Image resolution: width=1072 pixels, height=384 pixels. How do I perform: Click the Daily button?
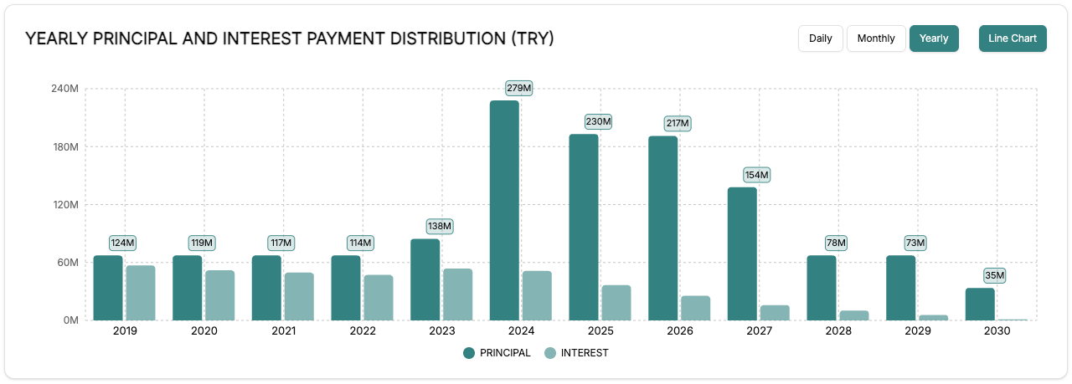(821, 38)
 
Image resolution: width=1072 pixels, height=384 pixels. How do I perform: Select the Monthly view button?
(876, 38)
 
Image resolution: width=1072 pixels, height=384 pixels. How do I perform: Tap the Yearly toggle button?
(934, 38)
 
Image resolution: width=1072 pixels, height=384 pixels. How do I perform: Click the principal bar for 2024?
(504, 210)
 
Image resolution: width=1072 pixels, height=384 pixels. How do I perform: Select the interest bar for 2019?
(141, 293)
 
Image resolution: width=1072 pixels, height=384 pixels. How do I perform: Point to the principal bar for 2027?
(742, 253)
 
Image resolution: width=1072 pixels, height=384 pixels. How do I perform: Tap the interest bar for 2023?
(458, 294)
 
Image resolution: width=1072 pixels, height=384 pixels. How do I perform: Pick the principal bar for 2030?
(980, 304)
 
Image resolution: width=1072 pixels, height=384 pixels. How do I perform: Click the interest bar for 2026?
(695, 308)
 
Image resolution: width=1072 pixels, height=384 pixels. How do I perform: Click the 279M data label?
(519, 88)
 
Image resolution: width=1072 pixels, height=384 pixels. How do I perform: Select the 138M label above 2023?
(440, 226)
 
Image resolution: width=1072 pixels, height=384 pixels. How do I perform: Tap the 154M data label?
(756, 175)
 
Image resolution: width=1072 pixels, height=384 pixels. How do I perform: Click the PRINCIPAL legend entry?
(497, 353)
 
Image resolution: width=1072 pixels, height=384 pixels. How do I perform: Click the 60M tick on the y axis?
(67, 262)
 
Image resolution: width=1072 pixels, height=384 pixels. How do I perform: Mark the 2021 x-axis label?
(283, 330)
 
